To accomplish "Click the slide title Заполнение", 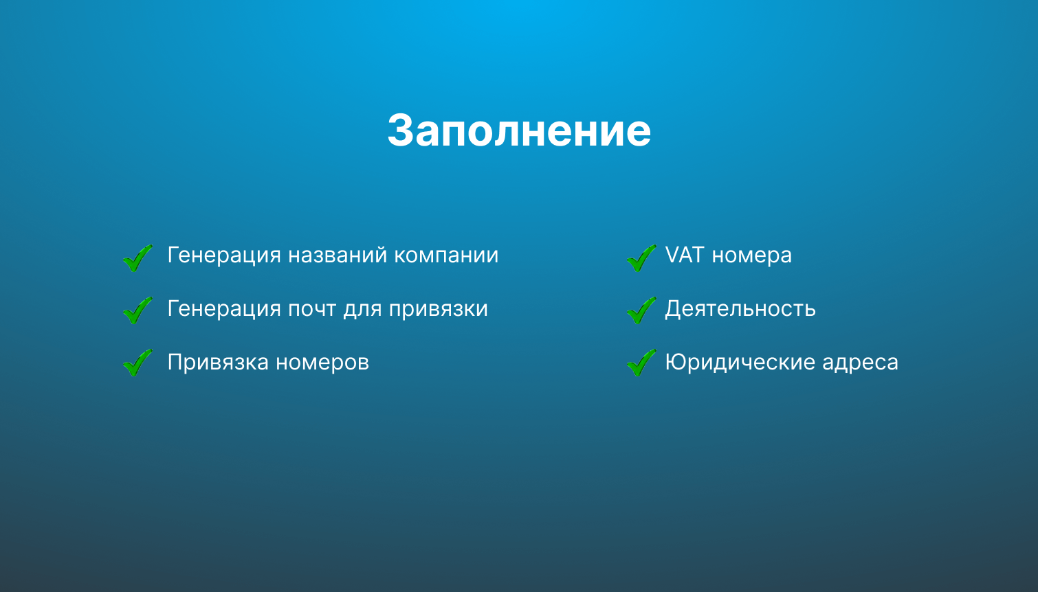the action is (519, 130).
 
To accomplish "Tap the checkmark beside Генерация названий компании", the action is (137, 259).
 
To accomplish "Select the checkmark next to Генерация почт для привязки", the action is (137, 311).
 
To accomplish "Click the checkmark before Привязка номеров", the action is (137, 363).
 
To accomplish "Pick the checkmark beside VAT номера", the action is (641, 259).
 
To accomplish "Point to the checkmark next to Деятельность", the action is (641, 311).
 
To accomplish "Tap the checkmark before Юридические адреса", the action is (641, 363).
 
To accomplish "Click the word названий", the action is (338, 255).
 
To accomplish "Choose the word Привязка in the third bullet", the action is (218, 363).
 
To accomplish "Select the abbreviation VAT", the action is (685, 255).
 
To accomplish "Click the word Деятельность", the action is (740, 309).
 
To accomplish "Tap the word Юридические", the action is (740, 362).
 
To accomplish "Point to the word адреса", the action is (860, 363).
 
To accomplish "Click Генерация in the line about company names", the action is (224, 256).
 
